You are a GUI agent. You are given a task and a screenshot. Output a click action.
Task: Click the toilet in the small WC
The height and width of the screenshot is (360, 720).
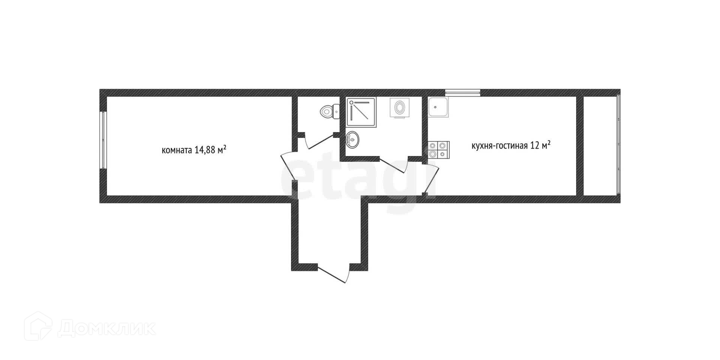(329, 111)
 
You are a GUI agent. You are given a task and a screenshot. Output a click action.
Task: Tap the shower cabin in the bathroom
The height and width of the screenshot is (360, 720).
(361, 112)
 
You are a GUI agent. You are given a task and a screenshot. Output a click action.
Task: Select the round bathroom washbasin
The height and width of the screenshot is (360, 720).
(352, 139)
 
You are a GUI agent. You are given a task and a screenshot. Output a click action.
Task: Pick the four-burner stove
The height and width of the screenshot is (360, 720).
(438, 150)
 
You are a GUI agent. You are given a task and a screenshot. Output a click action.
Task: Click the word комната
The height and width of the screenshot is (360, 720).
(177, 150)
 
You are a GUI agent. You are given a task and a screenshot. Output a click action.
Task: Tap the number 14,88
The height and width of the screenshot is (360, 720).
(205, 150)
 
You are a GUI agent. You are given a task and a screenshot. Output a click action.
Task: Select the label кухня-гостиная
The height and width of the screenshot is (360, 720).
(499, 145)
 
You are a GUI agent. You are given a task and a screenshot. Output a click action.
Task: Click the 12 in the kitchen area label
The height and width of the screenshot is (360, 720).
(534, 145)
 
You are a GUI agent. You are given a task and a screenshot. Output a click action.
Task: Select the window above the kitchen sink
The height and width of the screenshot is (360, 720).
(462, 91)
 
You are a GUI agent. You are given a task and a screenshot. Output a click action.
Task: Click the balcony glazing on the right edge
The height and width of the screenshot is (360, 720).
(618, 144)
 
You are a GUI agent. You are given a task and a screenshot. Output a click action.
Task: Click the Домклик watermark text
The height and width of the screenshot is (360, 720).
(107, 329)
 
